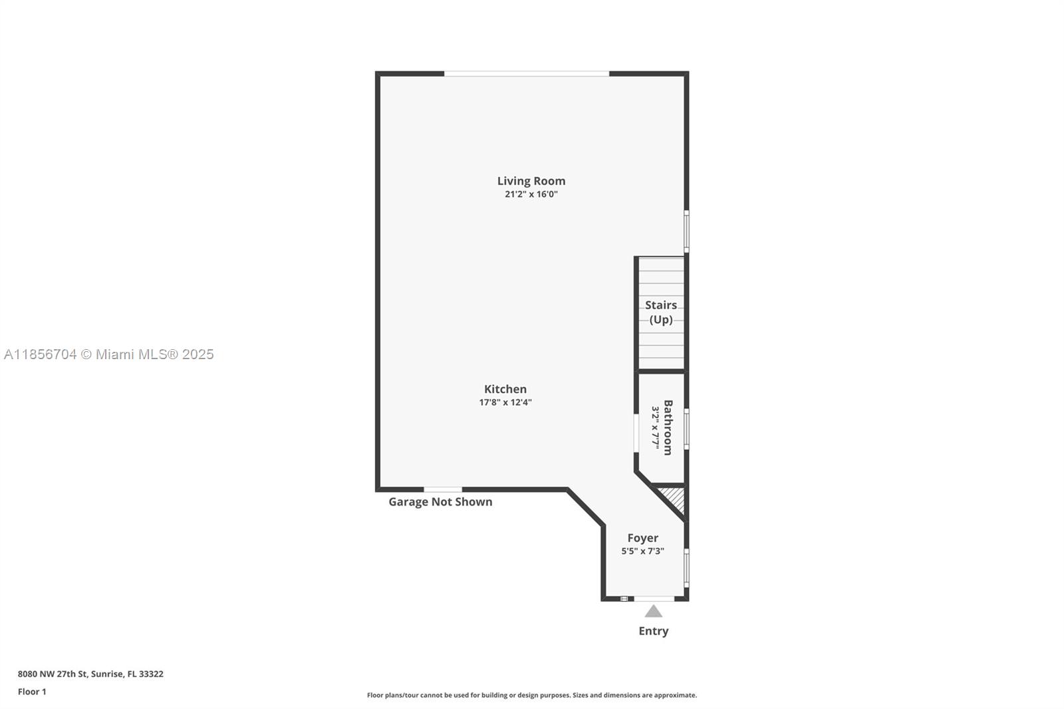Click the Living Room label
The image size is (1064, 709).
531,181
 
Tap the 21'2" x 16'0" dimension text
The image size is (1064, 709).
531,194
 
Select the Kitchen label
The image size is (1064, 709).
505,389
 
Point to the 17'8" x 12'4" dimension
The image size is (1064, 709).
505,402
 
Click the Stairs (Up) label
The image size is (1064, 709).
661,312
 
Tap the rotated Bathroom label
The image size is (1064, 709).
668,428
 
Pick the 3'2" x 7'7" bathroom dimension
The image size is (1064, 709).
656,428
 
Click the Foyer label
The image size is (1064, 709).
642,538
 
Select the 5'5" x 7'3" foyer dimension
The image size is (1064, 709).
642,551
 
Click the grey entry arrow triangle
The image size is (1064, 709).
654,611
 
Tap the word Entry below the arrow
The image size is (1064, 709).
654,631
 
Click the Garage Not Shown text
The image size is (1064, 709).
440,501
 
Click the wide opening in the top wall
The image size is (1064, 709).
527,74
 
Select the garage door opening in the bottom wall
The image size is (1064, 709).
443,490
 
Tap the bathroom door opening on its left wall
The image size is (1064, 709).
636,434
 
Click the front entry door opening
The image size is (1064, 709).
654,599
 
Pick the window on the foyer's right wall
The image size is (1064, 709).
687,568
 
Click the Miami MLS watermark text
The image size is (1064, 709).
109,354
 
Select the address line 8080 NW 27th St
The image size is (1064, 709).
90,674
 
